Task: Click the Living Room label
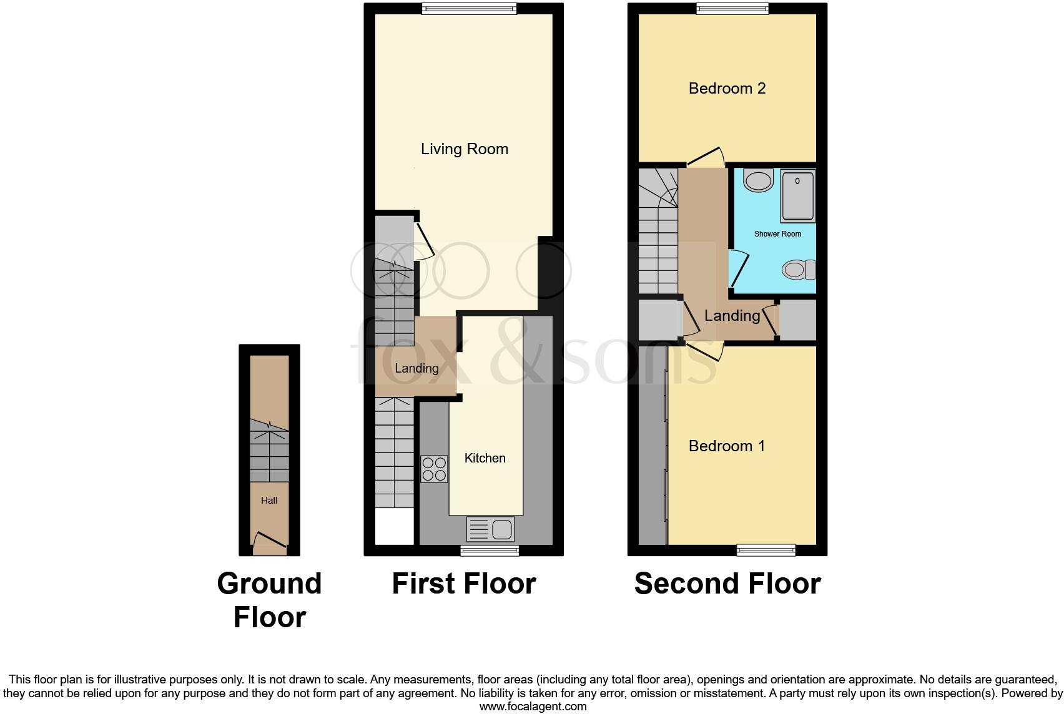[464, 149]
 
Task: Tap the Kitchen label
[485, 458]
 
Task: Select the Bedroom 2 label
[727, 89]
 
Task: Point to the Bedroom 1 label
[726, 446]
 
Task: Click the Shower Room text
[777, 234]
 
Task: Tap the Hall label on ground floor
[269, 501]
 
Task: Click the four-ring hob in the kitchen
[434, 469]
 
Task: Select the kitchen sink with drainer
[490, 529]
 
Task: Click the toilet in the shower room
[799, 270]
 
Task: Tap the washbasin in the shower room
[759, 181]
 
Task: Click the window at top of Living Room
[469, 8]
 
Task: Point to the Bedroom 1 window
[766, 550]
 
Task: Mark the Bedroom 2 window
[732, 8]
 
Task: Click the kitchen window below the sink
[490, 550]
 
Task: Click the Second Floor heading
[727, 584]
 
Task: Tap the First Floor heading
[463, 584]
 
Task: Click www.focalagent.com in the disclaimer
[533, 707]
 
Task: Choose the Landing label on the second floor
[732, 316]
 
